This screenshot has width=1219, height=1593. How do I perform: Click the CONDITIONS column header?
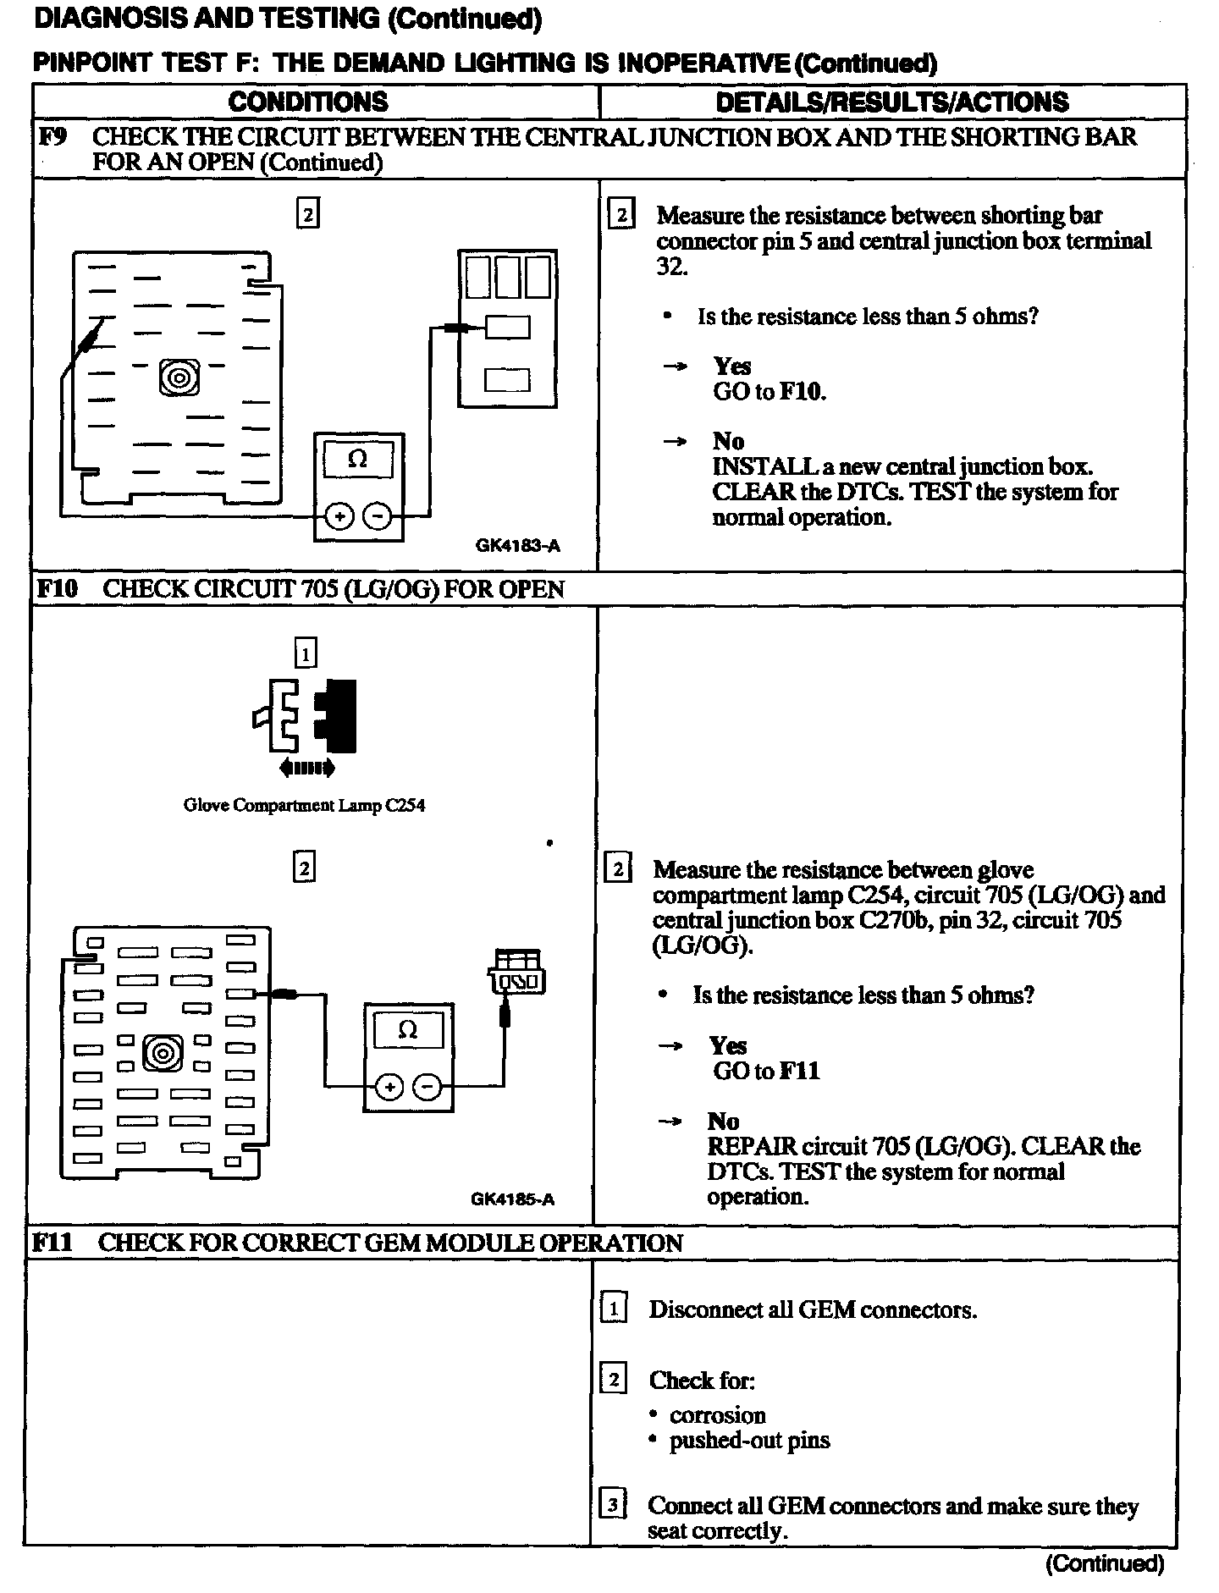(308, 102)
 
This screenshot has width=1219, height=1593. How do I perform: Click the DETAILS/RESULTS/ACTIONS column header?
(892, 102)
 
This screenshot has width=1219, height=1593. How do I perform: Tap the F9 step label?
(53, 137)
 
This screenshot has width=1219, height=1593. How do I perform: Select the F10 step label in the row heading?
(58, 589)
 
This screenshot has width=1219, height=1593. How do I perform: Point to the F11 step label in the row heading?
(52, 1243)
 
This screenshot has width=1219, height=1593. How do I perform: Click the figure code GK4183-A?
(517, 546)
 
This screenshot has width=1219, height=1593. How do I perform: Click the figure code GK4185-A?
(512, 1199)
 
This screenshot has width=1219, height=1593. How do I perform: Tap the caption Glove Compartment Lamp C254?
(304, 805)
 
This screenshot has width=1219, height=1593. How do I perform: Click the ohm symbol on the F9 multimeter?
(358, 460)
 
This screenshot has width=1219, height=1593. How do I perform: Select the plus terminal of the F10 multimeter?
(389, 1088)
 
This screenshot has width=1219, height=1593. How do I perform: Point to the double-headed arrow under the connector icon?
(306, 769)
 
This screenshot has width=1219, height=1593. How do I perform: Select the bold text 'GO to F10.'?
(769, 392)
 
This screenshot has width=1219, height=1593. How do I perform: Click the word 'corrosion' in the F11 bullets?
(717, 1415)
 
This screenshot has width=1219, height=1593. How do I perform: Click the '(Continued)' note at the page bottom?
(1105, 1563)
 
